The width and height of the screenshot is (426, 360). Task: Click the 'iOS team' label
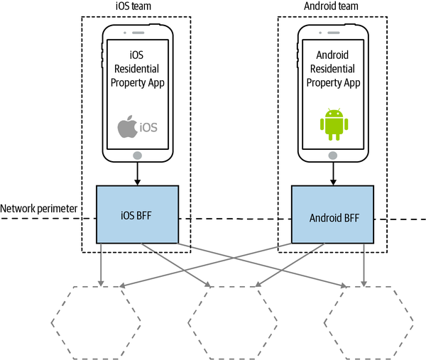click(136, 7)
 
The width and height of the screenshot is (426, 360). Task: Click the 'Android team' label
click(332, 7)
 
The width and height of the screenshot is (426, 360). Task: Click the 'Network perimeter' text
click(40, 209)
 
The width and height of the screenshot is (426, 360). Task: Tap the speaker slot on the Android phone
click(332, 33)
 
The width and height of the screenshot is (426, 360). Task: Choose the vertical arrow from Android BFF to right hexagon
click(364, 263)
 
